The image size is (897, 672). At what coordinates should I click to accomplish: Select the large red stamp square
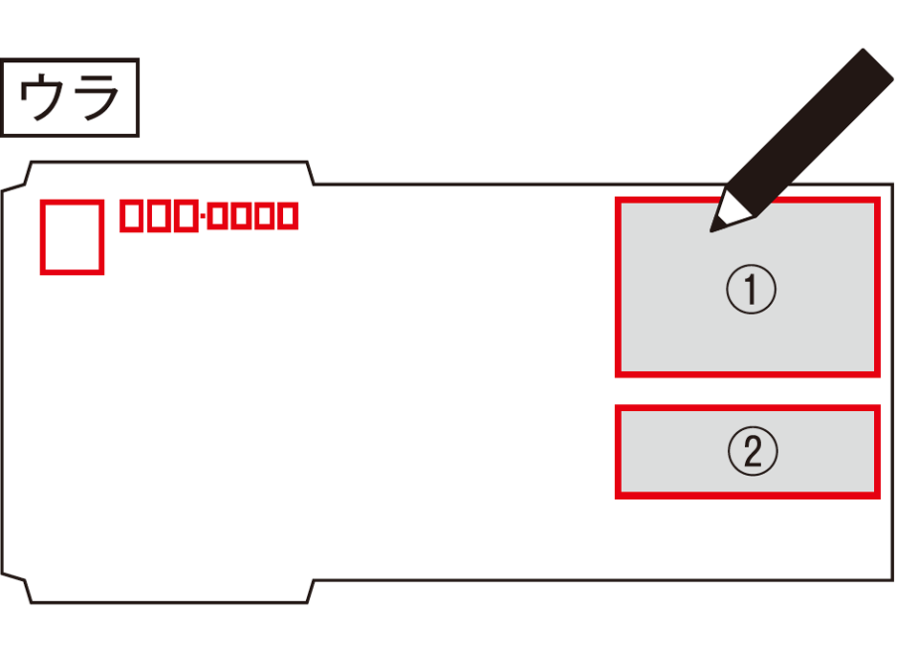tap(72, 237)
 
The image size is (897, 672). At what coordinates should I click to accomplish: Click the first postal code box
tap(133, 217)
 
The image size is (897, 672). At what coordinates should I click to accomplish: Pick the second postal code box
tap(159, 217)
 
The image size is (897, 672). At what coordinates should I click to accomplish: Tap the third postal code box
tap(185, 217)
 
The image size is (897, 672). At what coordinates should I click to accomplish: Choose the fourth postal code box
tap(217, 218)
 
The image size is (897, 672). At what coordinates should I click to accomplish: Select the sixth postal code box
tap(263, 218)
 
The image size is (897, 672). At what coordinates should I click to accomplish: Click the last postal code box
tap(286, 218)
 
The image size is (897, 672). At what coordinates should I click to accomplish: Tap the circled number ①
tap(751, 290)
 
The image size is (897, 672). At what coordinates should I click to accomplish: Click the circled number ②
tap(752, 451)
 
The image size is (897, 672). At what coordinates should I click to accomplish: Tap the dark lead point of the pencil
tap(713, 228)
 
